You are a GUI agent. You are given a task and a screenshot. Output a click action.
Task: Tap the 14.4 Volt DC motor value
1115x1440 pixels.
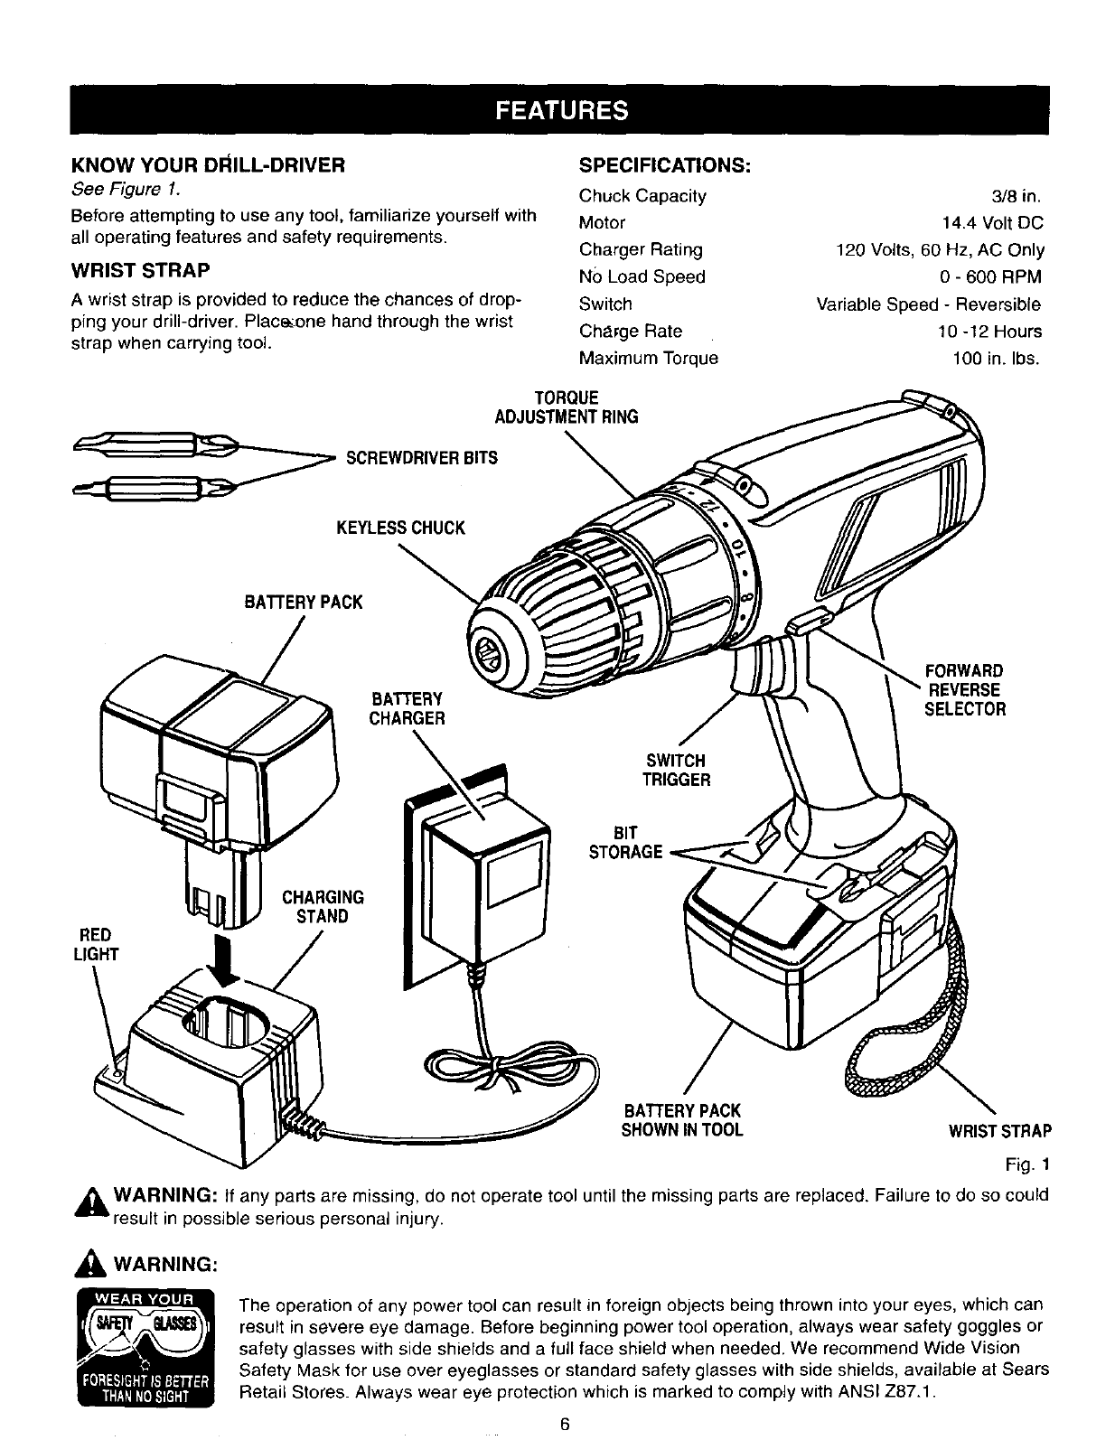(992, 223)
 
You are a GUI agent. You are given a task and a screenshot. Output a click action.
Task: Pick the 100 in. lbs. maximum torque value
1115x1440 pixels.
(997, 359)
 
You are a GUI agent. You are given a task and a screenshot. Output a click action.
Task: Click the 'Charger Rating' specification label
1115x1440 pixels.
(641, 250)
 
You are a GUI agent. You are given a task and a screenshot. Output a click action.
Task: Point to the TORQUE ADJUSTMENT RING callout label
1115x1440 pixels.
(567, 407)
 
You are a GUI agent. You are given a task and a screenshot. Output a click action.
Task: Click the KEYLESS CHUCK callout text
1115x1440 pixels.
(400, 528)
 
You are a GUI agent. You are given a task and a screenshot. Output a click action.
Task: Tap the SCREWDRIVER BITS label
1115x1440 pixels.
(422, 458)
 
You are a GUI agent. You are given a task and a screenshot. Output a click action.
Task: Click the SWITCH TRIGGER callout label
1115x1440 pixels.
(676, 770)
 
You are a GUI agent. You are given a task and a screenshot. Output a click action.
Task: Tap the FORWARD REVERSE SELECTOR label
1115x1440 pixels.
(964, 690)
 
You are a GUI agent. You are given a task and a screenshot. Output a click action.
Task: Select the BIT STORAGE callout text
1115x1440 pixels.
(625, 842)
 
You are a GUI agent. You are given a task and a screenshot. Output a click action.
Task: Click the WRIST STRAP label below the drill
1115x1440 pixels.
(999, 1131)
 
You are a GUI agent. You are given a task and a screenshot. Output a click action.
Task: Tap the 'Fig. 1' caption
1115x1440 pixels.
(1030, 1162)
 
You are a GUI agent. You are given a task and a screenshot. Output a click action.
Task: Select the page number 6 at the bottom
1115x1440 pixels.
(564, 1425)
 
